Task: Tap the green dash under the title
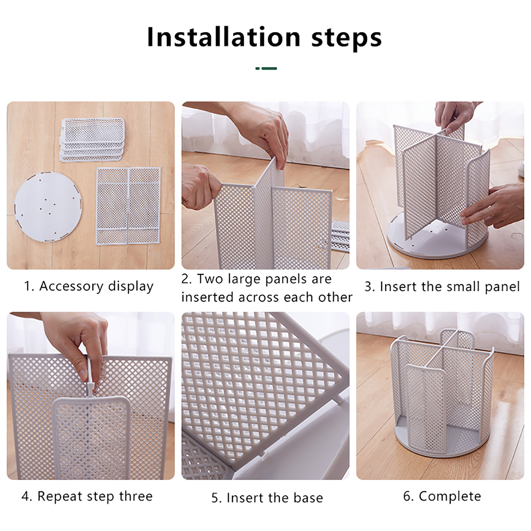(x=266, y=68)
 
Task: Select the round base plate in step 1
(x=48, y=207)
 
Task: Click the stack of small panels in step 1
(x=93, y=139)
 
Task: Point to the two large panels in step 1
(x=128, y=206)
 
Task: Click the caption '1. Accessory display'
(x=89, y=286)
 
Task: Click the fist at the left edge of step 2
(x=200, y=186)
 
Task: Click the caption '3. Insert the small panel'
(x=442, y=287)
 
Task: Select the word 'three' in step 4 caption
(x=136, y=496)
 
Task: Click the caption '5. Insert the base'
(x=267, y=498)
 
